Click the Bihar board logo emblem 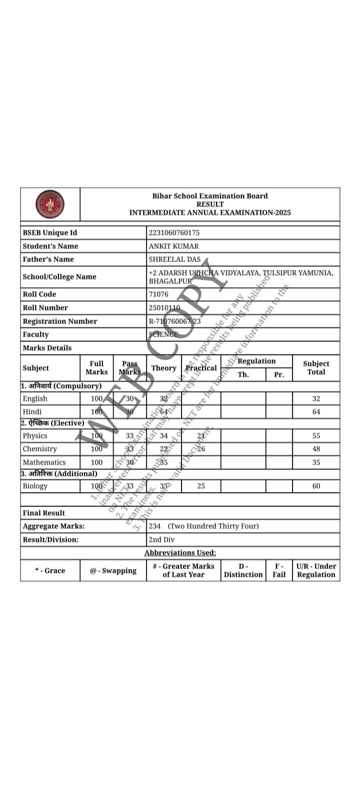50,204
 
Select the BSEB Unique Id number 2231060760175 174,232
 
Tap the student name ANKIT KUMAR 173,246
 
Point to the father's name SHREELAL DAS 174,259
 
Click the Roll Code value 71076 158,294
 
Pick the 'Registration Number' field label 60,321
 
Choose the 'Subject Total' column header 316,367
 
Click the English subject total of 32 316,398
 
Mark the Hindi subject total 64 316,412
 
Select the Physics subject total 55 316,435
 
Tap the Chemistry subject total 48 316,449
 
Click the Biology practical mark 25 201,485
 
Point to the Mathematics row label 44,462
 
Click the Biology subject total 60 316,485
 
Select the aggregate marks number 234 154,526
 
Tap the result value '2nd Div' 161,539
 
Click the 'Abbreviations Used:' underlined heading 180,552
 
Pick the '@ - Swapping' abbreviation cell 113,570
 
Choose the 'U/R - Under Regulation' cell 316,570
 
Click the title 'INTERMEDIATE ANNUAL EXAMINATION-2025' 210,212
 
